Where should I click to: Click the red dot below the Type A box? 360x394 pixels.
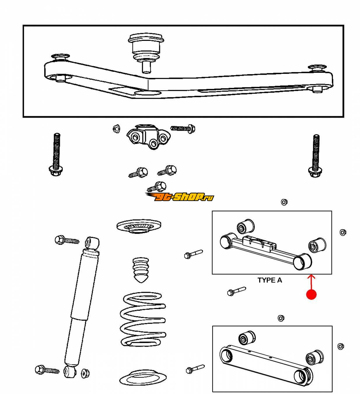tap(311, 294)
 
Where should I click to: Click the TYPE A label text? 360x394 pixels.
tap(270, 280)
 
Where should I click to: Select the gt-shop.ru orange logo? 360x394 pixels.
tap(179, 197)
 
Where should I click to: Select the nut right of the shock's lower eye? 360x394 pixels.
tap(85, 372)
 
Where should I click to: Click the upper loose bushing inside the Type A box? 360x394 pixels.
tap(245, 226)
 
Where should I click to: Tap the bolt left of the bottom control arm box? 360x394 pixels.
tap(195, 369)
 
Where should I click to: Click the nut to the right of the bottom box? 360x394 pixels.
tap(340, 346)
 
